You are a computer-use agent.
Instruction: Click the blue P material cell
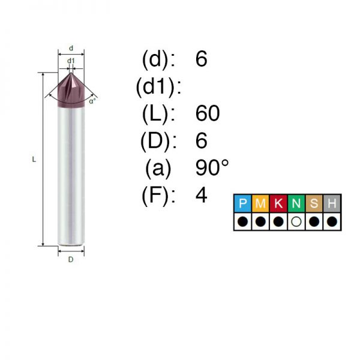[242, 203]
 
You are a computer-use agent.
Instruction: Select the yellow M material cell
[260, 203]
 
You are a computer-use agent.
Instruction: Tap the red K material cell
[278, 203]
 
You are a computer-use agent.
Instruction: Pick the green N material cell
[296, 203]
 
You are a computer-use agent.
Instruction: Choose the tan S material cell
[314, 203]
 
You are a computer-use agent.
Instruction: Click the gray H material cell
[332, 203]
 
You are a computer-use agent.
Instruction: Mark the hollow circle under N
[296, 222]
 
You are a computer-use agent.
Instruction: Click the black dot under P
[242, 222]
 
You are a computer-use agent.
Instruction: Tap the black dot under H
[332, 222]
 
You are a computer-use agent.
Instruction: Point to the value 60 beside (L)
[208, 113]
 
